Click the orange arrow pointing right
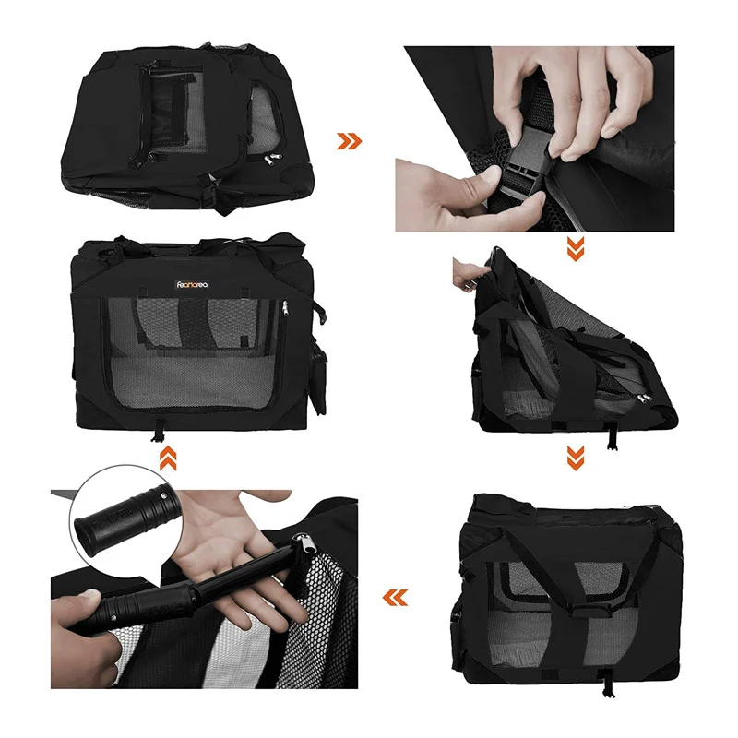click(350, 141)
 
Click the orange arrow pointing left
click(395, 598)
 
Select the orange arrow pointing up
click(168, 458)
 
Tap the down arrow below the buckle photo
click(575, 248)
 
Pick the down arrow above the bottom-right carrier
click(575, 458)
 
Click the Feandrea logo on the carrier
click(193, 284)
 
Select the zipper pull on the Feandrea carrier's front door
click(284, 309)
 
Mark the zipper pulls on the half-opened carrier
click(643, 399)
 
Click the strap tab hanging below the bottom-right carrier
click(609, 684)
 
